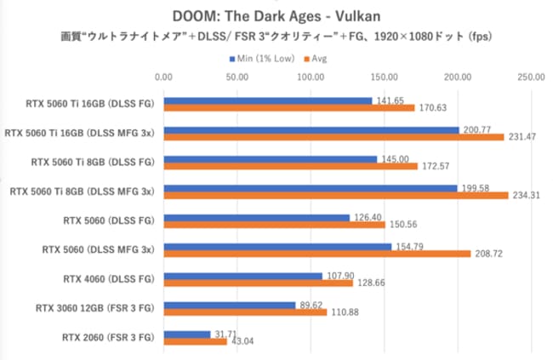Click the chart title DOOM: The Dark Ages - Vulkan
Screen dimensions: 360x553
[276, 15]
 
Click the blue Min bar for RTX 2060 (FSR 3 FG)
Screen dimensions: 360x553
[187, 334]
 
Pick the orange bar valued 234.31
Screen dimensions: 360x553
[336, 196]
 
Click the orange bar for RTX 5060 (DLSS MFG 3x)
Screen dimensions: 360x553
[317, 254]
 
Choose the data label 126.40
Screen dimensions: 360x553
[367, 217]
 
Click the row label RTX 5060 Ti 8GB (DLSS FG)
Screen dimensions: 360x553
[92, 162]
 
